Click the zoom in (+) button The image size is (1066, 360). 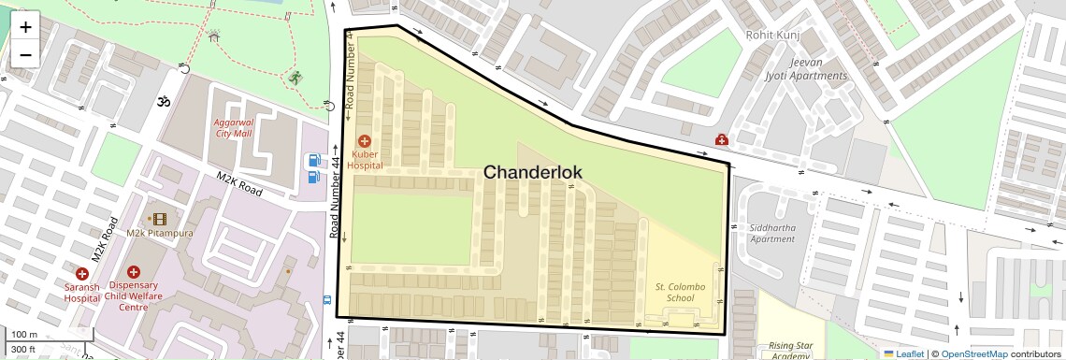[x=25, y=26]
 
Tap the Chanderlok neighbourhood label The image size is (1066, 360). [x=532, y=172]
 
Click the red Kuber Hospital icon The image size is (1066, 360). [x=365, y=140]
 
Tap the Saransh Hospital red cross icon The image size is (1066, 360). [x=82, y=274]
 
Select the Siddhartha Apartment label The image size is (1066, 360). [x=771, y=233]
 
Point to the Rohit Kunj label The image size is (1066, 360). [x=771, y=35]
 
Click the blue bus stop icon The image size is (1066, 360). [x=325, y=300]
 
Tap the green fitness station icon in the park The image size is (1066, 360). [x=296, y=78]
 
